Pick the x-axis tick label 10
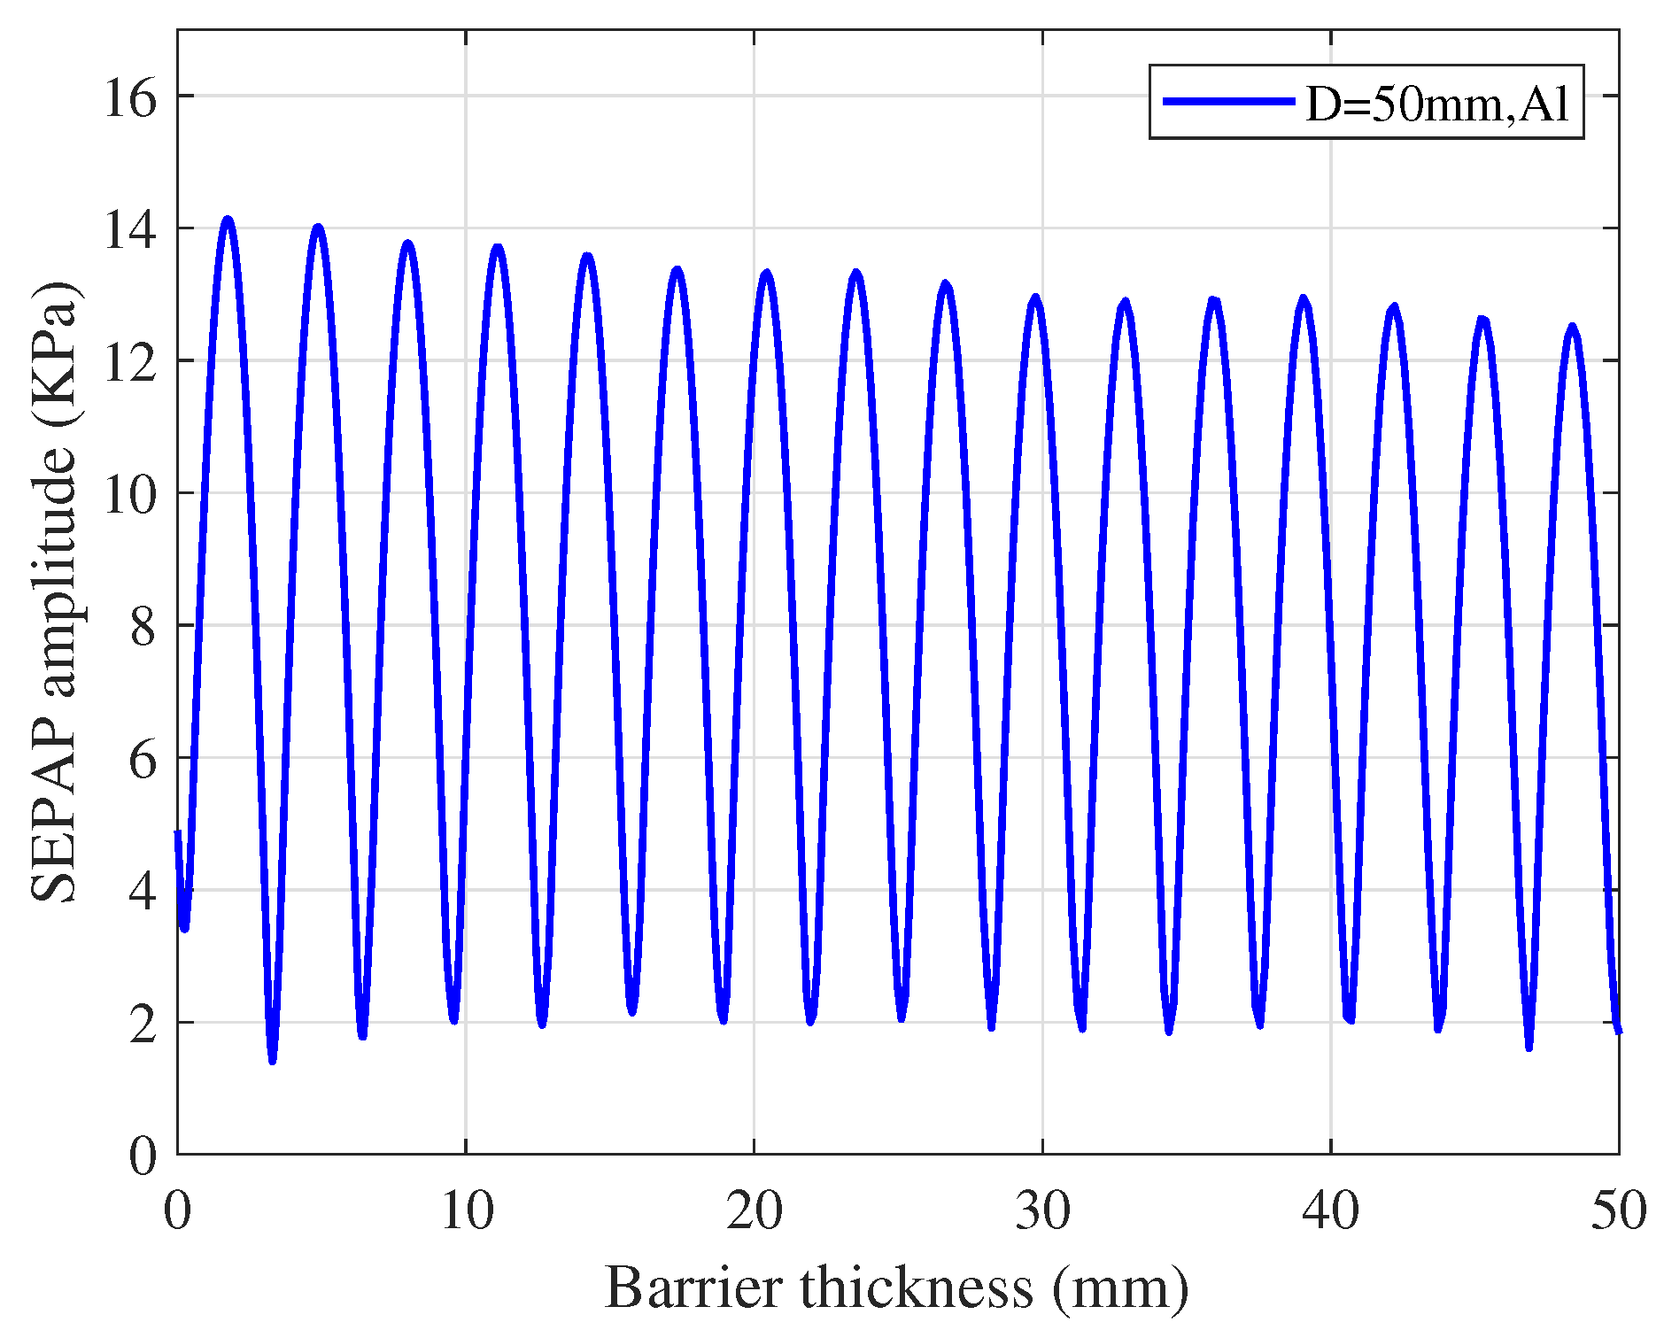[466, 1210]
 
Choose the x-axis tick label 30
[1042, 1210]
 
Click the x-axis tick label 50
[1618, 1210]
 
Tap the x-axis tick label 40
[1330, 1210]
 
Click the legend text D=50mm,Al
[1437, 104]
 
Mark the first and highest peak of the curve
[228, 219]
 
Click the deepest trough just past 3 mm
[273, 1059]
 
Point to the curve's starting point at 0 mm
[178, 832]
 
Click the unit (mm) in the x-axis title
[1120, 1288]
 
